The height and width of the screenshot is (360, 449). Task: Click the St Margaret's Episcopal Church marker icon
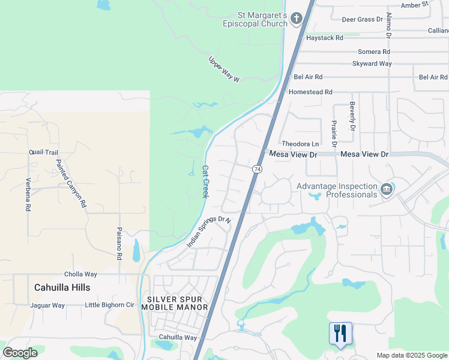pyautogui.click(x=296, y=19)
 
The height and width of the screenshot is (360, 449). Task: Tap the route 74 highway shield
pyautogui.click(x=257, y=170)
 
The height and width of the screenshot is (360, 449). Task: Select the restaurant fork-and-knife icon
pyautogui.click(x=340, y=334)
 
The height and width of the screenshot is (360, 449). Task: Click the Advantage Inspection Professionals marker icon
pyautogui.click(x=386, y=190)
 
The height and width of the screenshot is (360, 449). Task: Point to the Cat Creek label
pyautogui.click(x=205, y=182)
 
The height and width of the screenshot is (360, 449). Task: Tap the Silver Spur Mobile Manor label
pyautogui.click(x=175, y=303)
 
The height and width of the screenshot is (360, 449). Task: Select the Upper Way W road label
pyautogui.click(x=224, y=70)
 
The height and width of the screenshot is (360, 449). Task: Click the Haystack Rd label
pyautogui.click(x=324, y=37)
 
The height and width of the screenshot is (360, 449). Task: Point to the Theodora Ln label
pyautogui.click(x=300, y=144)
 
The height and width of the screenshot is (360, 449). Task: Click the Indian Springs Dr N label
pyautogui.click(x=209, y=232)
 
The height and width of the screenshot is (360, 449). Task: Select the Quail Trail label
pyautogui.click(x=43, y=152)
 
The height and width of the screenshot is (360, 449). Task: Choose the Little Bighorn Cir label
pyautogui.click(x=109, y=305)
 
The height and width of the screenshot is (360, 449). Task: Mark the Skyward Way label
pyautogui.click(x=372, y=64)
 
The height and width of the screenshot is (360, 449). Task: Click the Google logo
pyautogui.click(x=20, y=353)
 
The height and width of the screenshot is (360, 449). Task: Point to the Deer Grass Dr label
pyautogui.click(x=362, y=19)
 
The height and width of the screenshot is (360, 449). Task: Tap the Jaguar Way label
pyautogui.click(x=47, y=305)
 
